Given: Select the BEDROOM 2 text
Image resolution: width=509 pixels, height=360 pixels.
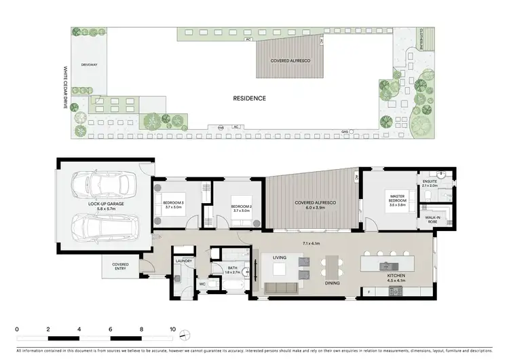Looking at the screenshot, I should point(242,206).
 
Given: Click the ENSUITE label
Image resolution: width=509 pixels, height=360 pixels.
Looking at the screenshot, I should point(430,181).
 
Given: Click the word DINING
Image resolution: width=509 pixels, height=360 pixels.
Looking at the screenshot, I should point(333,283).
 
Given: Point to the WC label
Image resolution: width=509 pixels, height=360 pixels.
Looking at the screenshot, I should point(202,285).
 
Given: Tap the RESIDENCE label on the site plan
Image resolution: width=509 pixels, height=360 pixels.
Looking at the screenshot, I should point(249,98).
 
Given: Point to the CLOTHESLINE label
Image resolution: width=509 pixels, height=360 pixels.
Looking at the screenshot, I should point(421,41).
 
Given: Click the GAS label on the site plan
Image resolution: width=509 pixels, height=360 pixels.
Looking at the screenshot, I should point(344,132).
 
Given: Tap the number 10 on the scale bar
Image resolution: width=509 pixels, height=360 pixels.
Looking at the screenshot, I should point(173,329).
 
